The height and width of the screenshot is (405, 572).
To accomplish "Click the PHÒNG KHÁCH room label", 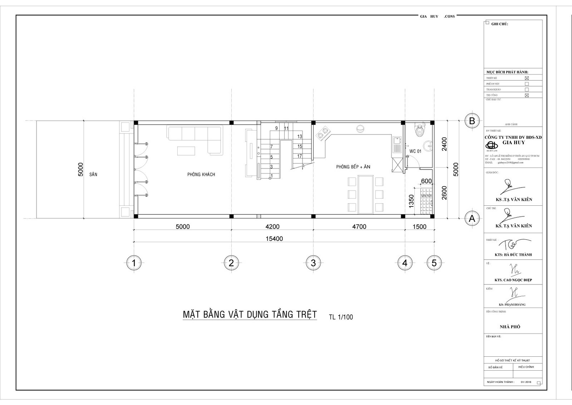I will point(201,174).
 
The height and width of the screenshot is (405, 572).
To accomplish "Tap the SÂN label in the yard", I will point(93,174).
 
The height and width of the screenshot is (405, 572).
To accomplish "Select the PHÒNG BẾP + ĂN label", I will point(353,167).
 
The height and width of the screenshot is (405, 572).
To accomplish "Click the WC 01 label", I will point(415,151).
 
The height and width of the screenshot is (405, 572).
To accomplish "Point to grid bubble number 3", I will point(313,263).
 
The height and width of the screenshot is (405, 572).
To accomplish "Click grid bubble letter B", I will point(472,121).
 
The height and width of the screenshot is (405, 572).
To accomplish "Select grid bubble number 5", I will point(434,263).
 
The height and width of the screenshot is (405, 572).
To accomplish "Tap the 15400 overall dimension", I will point(274,239).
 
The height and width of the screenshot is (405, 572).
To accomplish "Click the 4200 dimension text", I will point(272,226).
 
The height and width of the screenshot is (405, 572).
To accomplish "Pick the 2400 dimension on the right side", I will point(444,144).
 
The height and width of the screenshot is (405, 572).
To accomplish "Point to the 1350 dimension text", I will point(411,201).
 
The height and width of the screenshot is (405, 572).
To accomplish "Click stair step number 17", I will point(300,156).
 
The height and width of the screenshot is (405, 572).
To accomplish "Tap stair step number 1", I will point(272,176).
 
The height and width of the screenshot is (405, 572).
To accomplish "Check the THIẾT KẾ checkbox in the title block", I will point(527,78).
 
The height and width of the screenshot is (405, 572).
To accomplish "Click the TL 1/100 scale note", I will point(341,317).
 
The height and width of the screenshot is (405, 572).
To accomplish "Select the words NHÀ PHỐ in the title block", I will point(510,327).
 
